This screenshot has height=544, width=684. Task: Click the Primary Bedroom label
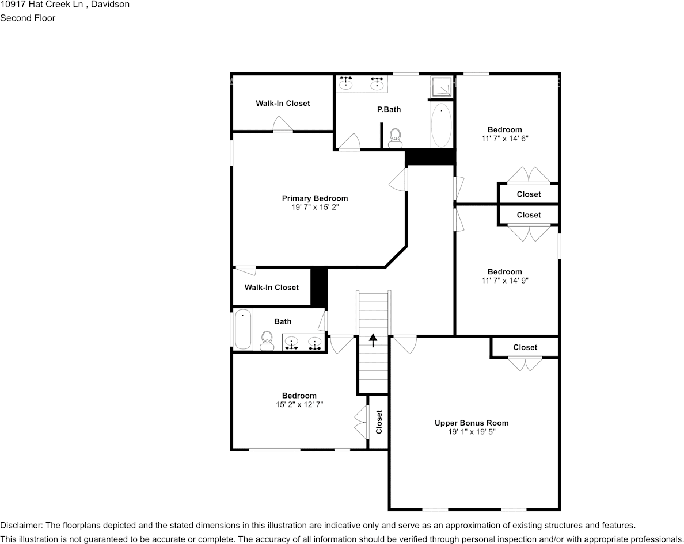315,198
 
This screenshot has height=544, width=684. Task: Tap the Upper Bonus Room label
472,423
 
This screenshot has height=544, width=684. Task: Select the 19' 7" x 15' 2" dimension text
315,208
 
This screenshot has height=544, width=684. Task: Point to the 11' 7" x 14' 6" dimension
505,139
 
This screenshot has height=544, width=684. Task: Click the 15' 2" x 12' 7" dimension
299,405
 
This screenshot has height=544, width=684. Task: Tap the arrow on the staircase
373,340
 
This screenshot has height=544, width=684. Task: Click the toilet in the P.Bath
396,138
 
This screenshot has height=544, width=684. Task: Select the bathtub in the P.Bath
441,125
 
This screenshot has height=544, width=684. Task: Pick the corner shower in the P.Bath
442,86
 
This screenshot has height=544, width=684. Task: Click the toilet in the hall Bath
267,340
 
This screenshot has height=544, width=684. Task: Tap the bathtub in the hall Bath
243,330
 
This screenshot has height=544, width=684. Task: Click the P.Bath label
389,109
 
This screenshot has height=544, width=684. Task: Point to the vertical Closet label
379,422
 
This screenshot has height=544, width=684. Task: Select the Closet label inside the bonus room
525,347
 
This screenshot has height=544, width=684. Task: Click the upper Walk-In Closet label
283,104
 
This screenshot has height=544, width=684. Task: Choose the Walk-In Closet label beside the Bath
271,288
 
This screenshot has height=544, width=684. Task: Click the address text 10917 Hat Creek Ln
41,5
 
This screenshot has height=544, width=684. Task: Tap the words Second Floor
28,18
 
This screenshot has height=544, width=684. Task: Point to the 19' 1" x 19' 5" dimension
472,432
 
